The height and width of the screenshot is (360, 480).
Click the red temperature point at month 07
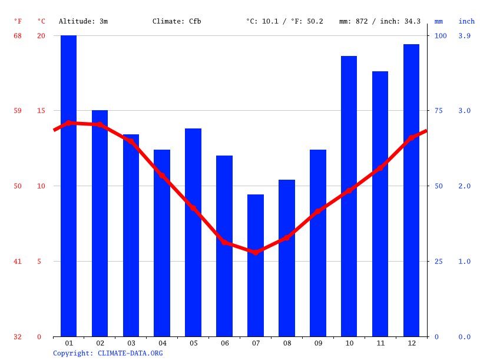[x=256, y=252]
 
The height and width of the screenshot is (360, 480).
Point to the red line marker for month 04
[x=162, y=176]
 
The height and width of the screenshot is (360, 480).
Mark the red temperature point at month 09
[x=318, y=211]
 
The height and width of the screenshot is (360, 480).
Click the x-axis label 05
[x=193, y=343]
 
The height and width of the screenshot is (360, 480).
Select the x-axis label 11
[x=380, y=343]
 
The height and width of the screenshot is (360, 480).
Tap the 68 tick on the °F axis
[x=18, y=36]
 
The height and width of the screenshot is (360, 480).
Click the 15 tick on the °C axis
[x=41, y=111]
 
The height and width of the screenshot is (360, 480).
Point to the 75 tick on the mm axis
[x=441, y=111]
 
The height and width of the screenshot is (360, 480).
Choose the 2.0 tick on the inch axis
[x=464, y=186]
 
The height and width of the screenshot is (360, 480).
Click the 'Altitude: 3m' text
[x=83, y=21]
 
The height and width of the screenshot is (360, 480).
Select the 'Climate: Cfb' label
[x=177, y=21]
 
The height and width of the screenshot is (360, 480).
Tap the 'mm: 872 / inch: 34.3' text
[x=380, y=21]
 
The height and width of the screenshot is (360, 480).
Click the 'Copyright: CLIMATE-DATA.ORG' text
[x=108, y=353]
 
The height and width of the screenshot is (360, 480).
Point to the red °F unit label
[x=18, y=21]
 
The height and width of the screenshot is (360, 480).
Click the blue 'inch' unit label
[x=466, y=21]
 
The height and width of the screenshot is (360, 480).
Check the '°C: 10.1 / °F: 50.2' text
[x=284, y=21]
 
